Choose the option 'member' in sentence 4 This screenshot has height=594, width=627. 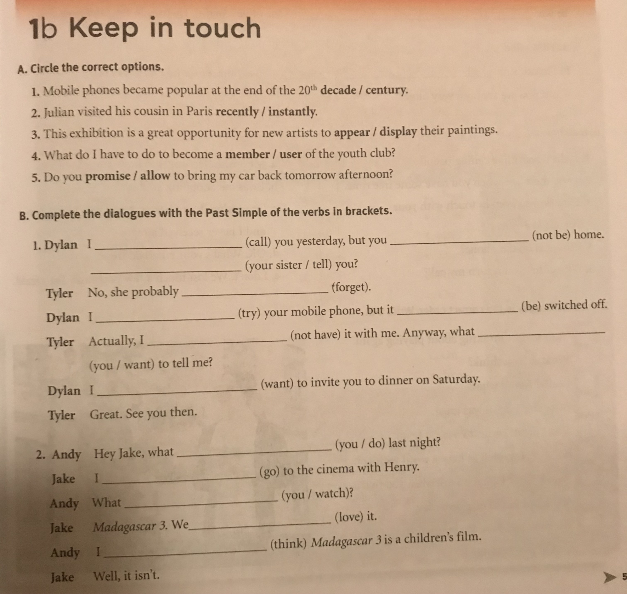(247, 154)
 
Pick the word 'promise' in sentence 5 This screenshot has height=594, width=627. (108, 176)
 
